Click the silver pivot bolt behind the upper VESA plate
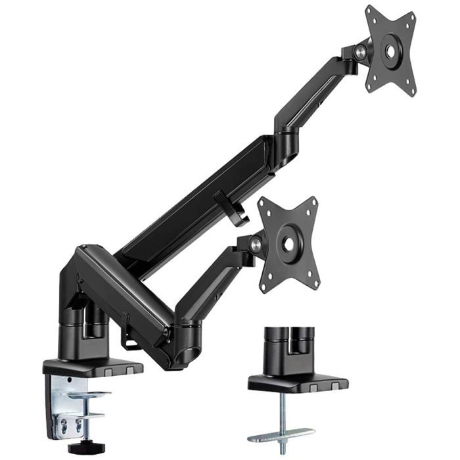[x=361, y=50]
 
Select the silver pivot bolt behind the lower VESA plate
[x=256, y=244]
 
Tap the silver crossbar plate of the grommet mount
[x=281, y=434]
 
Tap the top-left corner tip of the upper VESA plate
[x=369, y=10]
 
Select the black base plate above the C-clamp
[x=92, y=367]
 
